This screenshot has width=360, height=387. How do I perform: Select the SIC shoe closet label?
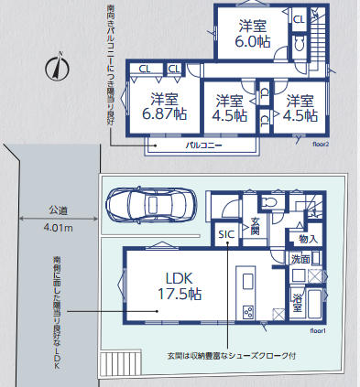click(225, 235)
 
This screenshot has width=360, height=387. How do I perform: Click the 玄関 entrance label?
click(256, 225)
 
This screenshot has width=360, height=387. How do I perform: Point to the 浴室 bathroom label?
click(298, 300)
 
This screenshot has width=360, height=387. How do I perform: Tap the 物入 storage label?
click(308, 239)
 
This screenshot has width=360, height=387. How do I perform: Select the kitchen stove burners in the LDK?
click(247, 312)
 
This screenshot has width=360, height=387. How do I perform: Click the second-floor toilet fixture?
click(299, 48)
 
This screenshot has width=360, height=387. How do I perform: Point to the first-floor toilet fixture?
click(267, 202)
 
